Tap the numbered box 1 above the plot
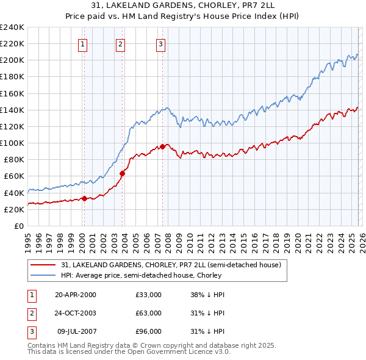click(x=82, y=43)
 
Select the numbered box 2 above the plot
click(x=121, y=43)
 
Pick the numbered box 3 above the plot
click(x=160, y=43)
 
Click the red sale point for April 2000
click(x=84, y=198)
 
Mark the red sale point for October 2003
click(x=123, y=173)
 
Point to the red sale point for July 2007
click(x=163, y=146)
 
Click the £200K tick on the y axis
click(x=12, y=60)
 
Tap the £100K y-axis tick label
click(x=12, y=143)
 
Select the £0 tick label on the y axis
click(x=18, y=226)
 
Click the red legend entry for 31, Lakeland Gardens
click(x=171, y=265)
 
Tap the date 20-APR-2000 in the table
click(x=75, y=295)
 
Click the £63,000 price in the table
click(x=148, y=313)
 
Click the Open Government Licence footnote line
click(x=129, y=352)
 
